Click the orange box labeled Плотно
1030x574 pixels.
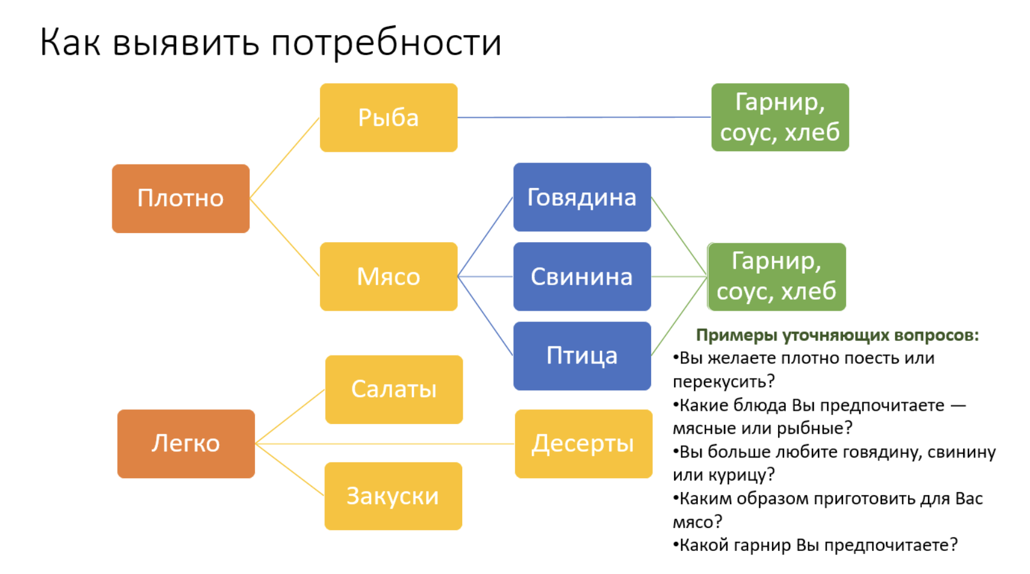coord(180,198)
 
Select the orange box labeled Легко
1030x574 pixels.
coord(186,444)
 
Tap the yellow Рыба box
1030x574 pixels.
coord(389,118)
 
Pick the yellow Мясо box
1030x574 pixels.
coord(389,277)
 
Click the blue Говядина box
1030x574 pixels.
coord(582,197)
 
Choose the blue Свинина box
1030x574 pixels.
coord(582,277)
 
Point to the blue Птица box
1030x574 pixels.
coord(582,356)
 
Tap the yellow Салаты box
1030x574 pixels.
coord(394,390)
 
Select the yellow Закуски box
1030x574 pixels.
coord(393,496)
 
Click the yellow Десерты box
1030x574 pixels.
coord(583,444)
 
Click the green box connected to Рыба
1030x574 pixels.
coord(780,117)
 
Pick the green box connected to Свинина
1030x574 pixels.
coord(776,277)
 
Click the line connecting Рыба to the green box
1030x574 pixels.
coord(583,117)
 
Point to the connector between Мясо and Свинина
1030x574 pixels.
coord(485,277)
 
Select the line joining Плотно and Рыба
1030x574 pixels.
coord(284,158)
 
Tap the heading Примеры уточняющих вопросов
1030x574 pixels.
coord(837,335)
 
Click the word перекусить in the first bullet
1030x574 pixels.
coord(723,381)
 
